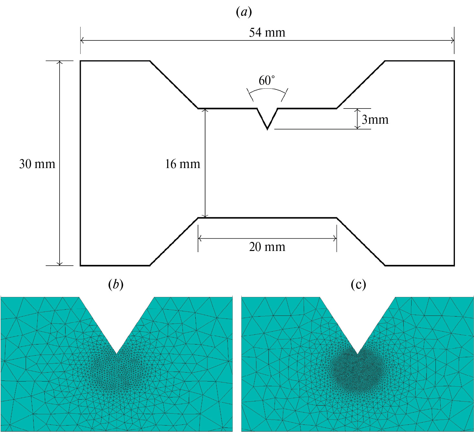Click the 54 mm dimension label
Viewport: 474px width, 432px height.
tap(267, 32)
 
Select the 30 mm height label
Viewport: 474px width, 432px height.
tap(37, 164)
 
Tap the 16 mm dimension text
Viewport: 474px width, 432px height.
tap(182, 164)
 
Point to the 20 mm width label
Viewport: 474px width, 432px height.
tap(267, 247)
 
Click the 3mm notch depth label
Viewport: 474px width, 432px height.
tap(375, 119)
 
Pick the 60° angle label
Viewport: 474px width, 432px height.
tap(267, 80)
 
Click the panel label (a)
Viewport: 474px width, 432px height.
tap(244, 12)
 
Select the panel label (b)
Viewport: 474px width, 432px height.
tap(116, 284)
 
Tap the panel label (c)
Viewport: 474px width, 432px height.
tap(358, 284)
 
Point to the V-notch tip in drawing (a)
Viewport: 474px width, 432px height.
tap(267, 129)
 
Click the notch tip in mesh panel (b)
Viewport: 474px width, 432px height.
tap(117, 354)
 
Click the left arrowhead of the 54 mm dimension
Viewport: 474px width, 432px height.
tap(82, 40)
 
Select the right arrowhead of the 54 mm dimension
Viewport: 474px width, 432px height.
tap(453, 40)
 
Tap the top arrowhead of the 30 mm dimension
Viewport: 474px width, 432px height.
tap(60, 63)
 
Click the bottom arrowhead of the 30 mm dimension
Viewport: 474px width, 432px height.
tap(60, 264)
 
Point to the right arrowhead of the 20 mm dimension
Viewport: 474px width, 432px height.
tap(335, 238)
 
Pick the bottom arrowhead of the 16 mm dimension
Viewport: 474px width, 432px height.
tap(205, 216)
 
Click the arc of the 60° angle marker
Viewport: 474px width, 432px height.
tap(267, 89)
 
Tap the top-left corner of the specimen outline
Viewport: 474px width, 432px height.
tap(80, 61)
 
